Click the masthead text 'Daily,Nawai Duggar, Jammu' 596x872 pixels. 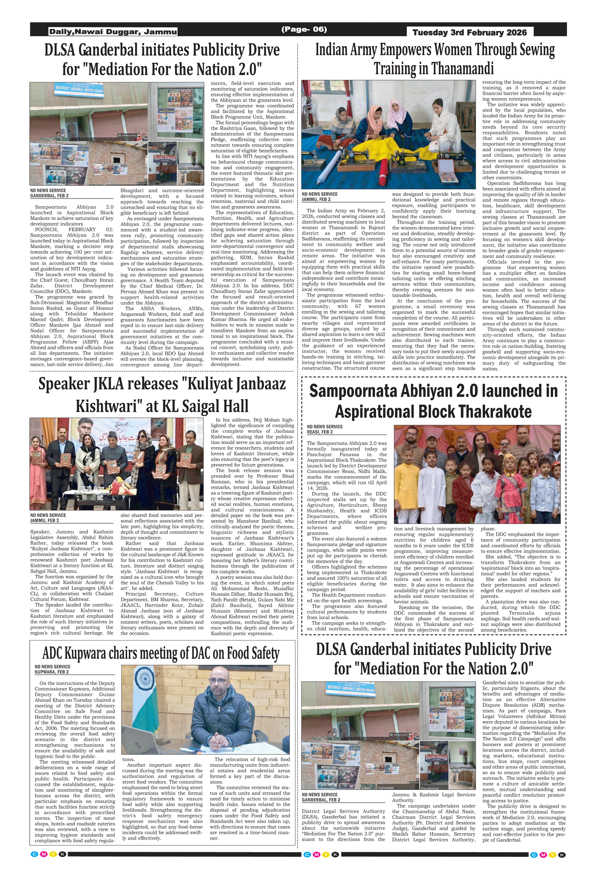tap(113, 32)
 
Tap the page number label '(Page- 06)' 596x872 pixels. tap(304, 29)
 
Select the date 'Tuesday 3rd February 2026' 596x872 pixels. tap(469, 33)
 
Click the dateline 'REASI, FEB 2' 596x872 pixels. tap(319, 432)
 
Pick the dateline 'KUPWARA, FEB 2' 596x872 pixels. tap(52, 672)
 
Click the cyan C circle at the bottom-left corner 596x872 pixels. tap(35, 855)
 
